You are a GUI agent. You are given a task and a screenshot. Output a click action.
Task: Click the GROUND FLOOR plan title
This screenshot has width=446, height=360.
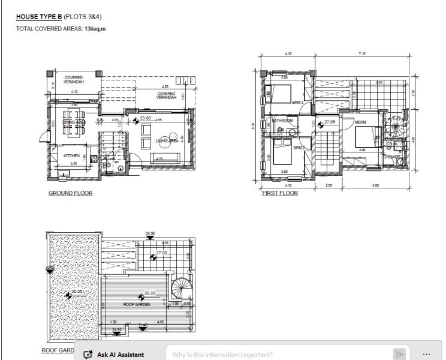(70, 194)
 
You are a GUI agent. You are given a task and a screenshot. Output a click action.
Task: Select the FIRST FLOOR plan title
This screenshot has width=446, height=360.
(280, 194)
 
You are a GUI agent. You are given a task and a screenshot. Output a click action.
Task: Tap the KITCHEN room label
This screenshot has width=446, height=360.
(72, 156)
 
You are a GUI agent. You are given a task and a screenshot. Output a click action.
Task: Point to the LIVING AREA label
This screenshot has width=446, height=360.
(165, 141)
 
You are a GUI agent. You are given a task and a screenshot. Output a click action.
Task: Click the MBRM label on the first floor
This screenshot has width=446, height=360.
(360, 122)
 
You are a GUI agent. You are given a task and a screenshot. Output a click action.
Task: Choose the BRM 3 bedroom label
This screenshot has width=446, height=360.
(298, 103)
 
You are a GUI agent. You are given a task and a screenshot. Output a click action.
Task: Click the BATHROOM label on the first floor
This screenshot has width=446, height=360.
(282, 121)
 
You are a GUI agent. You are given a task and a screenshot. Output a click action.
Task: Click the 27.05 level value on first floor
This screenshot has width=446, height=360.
(329, 122)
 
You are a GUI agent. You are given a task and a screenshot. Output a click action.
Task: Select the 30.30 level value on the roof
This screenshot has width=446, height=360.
(149, 293)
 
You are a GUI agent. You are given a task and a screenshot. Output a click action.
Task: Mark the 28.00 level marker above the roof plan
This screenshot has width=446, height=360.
(150, 233)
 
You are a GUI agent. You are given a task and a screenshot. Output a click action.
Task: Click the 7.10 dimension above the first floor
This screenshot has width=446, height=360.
(361, 54)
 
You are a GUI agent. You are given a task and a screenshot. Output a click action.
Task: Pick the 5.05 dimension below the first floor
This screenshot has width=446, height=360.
(375, 185)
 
